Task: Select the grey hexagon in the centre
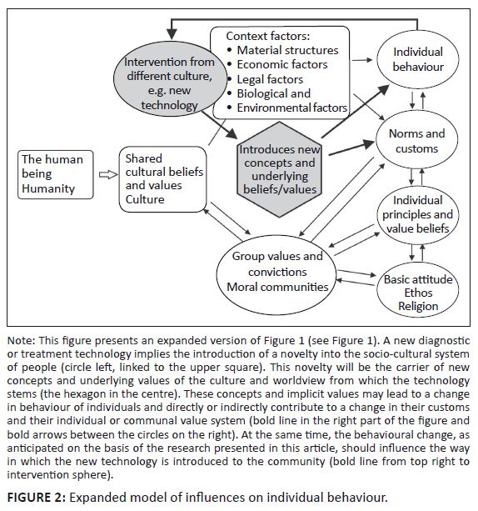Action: tap(279, 169)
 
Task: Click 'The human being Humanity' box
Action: tap(55, 174)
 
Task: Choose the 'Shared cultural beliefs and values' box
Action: tap(163, 179)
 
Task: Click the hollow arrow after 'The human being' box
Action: tap(108, 175)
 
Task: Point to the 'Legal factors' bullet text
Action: tap(270, 79)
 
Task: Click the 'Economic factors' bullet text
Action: tap(282, 64)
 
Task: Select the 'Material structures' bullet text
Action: tap(287, 50)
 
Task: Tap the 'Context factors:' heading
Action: tap(267, 36)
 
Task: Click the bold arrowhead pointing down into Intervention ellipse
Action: tap(172, 34)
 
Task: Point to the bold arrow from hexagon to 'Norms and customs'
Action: tap(351, 147)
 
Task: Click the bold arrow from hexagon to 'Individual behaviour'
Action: tap(356, 111)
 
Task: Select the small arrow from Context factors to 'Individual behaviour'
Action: tap(362, 60)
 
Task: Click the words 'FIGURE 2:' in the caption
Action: tap(37, 498)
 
